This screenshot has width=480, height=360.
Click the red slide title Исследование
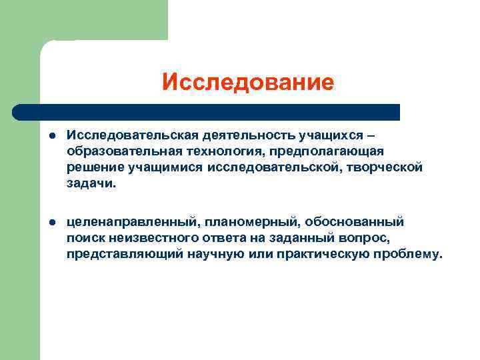click(247, 83)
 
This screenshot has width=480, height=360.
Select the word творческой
click(387, 168)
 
